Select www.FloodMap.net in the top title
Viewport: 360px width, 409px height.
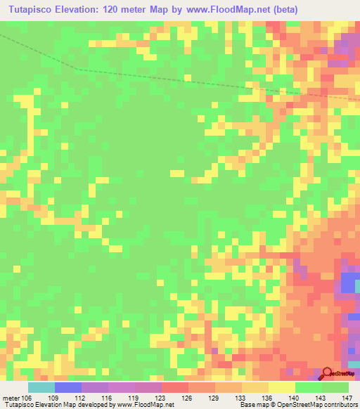(228, 10)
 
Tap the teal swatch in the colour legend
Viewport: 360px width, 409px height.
(41, 387)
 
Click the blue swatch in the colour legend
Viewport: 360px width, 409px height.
(68, 387)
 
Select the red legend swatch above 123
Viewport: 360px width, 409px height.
(175, 387)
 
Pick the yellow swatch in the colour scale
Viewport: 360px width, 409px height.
(282, 387)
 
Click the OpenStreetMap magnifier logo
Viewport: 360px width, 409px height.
(328, 373)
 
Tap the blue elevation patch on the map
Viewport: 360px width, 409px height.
(349, 283)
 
